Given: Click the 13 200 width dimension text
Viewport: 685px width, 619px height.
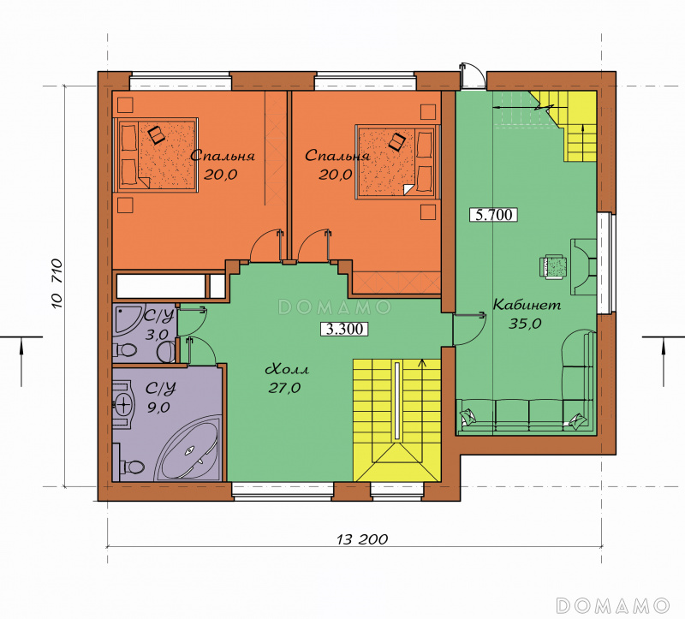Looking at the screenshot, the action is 362,539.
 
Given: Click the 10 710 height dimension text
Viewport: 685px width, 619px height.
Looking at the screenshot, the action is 57,284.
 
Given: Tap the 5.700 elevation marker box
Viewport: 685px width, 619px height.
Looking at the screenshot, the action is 493,215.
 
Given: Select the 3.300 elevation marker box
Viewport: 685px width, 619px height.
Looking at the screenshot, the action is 344,329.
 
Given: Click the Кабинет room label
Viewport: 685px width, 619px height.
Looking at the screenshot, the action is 527,305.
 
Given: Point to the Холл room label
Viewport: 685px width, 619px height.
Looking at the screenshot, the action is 287,370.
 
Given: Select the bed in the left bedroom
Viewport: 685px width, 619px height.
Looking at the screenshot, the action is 157,154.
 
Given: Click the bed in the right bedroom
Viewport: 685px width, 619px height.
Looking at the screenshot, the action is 396,161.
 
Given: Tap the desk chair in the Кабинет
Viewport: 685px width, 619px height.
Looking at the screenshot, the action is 552,266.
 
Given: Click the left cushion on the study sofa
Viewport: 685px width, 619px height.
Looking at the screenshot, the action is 468,416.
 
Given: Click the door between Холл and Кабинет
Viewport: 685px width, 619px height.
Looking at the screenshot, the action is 469,329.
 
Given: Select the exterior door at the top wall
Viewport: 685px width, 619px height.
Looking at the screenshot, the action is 473,77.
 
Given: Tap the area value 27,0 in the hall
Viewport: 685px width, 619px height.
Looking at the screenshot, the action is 284,388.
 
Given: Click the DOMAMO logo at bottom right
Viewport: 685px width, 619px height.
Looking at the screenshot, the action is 612,605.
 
